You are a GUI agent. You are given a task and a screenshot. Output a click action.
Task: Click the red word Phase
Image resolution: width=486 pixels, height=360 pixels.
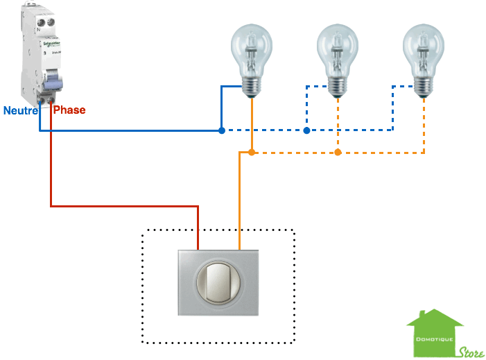click(x=69, y=110)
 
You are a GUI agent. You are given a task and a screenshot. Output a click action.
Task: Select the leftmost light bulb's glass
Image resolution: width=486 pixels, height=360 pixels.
click(x=250, y=49)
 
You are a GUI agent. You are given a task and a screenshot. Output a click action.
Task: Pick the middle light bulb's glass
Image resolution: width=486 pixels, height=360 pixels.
click(x=337, y=49)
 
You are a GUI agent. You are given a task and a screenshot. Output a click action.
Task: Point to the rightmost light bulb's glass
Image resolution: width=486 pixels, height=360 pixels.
click(x=423, y=49)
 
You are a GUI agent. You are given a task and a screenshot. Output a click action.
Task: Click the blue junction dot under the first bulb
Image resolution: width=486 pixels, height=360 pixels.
click(x=221, y=130)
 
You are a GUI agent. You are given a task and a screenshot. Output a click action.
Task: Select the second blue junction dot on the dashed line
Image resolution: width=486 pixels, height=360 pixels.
click(x=306, y=130)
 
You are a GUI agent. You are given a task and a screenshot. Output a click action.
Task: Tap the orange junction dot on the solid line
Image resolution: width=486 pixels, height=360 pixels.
click(x=252, y=152)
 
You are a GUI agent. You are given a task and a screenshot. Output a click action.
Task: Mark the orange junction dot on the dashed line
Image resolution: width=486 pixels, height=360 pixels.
click(x=338, y=152)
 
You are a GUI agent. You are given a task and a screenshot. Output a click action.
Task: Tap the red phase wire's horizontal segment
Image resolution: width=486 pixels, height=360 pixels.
click(x=125, y=206)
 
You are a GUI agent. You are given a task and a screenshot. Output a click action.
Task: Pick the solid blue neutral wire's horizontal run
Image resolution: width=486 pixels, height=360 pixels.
click(x=132, y=130)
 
